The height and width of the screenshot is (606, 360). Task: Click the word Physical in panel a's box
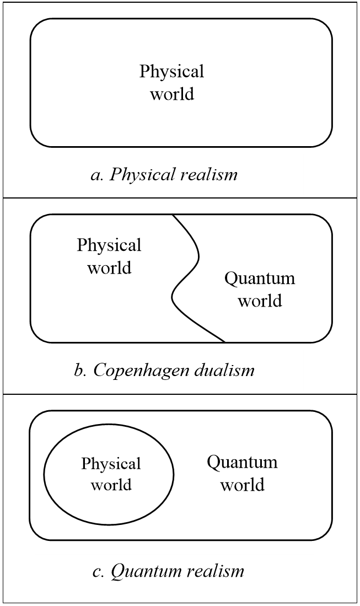tap(171, 72)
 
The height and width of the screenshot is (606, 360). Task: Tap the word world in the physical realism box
tap(172, 94)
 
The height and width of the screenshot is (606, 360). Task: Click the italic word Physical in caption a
tap(142, 175)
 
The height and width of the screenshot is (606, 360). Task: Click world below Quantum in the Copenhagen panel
tap(260, 301)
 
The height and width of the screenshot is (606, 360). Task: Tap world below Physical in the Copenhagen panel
tap(109, 268)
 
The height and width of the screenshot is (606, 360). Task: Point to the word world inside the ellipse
tap(111, 485)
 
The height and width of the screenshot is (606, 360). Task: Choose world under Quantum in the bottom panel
tap(243, 485)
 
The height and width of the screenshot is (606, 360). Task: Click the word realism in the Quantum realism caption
tap(216, 571)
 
